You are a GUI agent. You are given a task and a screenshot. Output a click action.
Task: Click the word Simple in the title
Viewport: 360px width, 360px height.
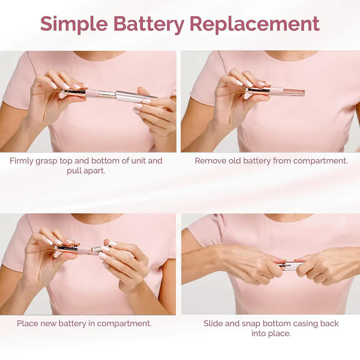click(73, 24)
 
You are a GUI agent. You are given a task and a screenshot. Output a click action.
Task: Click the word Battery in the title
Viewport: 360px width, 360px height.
click(148, 24)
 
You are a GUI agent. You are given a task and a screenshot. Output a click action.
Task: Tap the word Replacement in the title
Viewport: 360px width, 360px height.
click(255, 24)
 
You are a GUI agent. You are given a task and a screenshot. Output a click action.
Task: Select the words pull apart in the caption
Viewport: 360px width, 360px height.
click(86, 171)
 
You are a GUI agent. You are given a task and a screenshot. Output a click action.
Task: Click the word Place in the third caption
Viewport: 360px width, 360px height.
click(27, 324)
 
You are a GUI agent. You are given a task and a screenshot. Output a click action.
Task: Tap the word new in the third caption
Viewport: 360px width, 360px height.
click(49, 324)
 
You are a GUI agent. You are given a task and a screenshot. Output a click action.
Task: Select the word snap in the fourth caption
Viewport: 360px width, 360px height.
click(252, 324)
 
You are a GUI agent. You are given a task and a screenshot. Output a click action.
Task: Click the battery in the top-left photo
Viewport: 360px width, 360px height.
click(106, 94)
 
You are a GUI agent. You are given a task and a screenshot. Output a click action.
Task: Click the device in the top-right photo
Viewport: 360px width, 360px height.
click(276, 91)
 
